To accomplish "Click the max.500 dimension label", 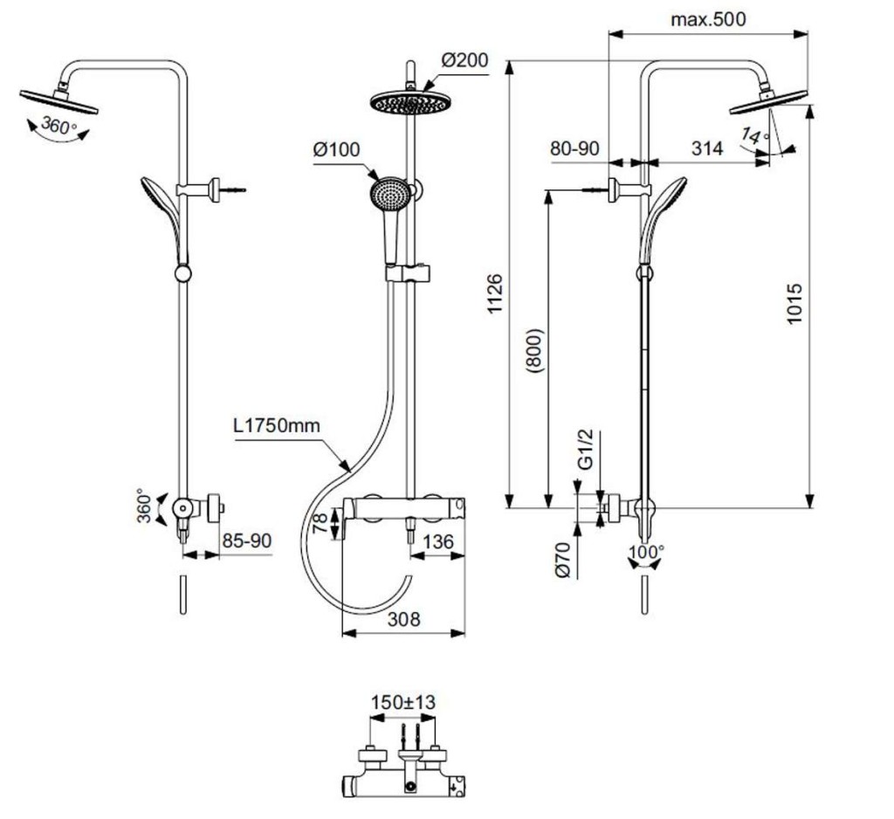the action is pos(707,19).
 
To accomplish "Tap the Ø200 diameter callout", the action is pos(464,60).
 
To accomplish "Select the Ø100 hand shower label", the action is pos(336,149).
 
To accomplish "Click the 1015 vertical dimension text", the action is pos(794,304).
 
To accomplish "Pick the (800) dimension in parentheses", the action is pos(535,350).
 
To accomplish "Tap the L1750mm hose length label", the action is pos(277,425).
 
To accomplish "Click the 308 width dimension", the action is pos(403,619).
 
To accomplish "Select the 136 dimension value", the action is pos(438,541).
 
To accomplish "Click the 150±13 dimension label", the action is pos(403,702).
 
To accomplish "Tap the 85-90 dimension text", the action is pos(247,540).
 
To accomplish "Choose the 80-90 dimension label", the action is pos(574,148).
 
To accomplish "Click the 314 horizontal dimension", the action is pos(707,148).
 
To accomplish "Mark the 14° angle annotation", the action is pos(755,135).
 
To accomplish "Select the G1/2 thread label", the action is pos(586,450).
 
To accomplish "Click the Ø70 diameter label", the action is pos(562,561).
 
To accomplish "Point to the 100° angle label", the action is pos(646,552).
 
